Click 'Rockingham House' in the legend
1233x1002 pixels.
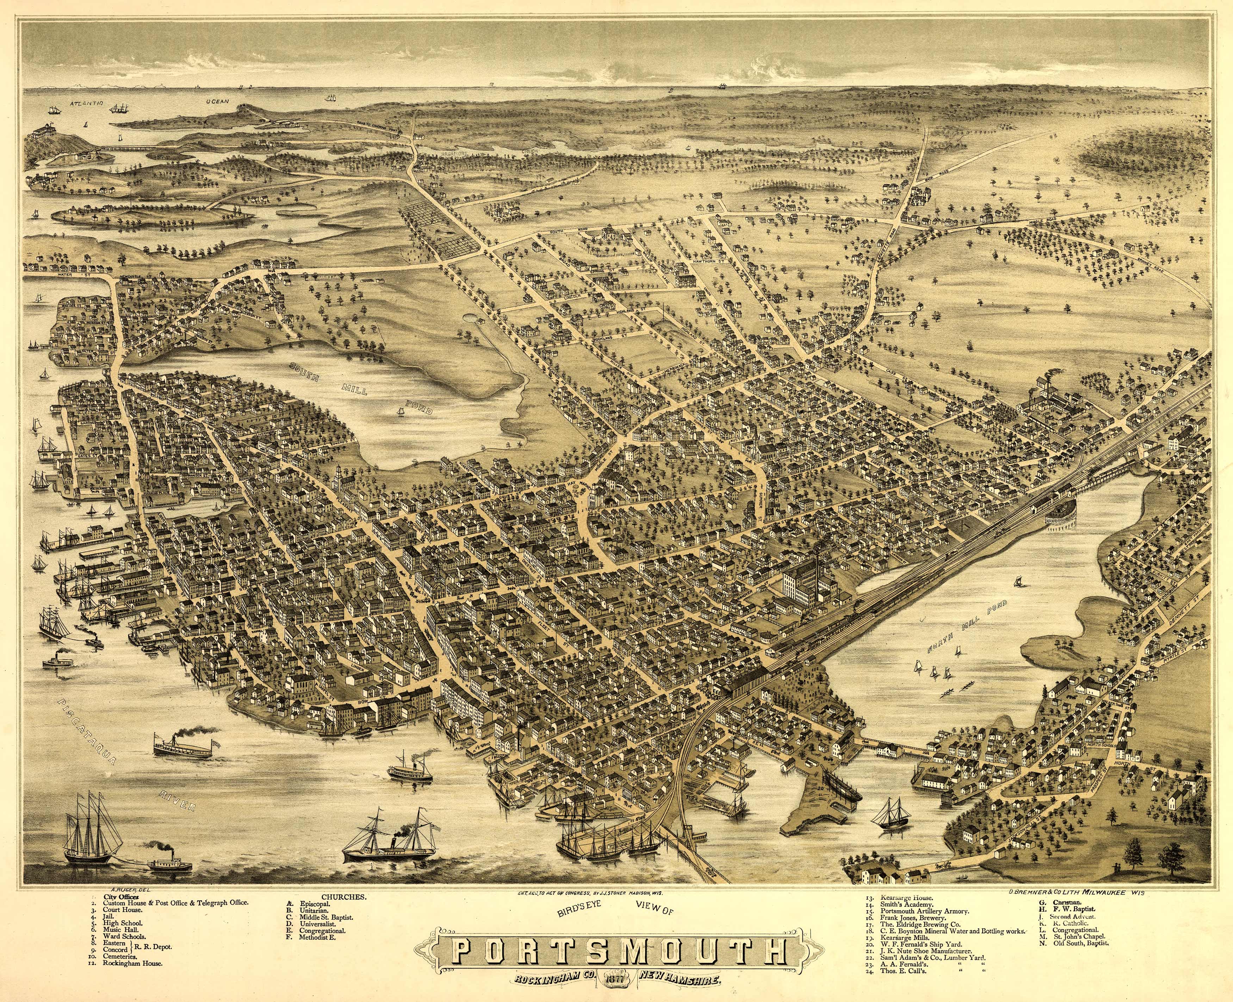(x=133, y=963)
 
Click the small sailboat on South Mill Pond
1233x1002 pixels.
(x=399, y=410)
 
